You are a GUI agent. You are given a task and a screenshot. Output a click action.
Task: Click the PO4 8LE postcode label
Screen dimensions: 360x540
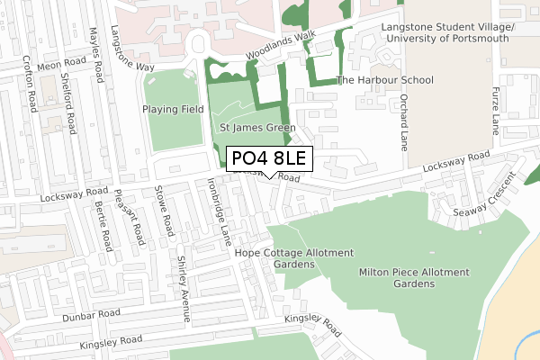tap(269, 159)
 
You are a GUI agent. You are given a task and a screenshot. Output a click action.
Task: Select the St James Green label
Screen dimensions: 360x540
tap(257, 129)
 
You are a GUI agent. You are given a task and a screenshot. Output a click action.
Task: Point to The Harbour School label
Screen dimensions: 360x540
tap(384, 80)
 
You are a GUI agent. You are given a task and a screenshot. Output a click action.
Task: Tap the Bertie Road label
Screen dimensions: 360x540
tap(102, 226)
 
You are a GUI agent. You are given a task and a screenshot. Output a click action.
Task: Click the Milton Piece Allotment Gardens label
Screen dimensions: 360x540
tap(414, 277)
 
